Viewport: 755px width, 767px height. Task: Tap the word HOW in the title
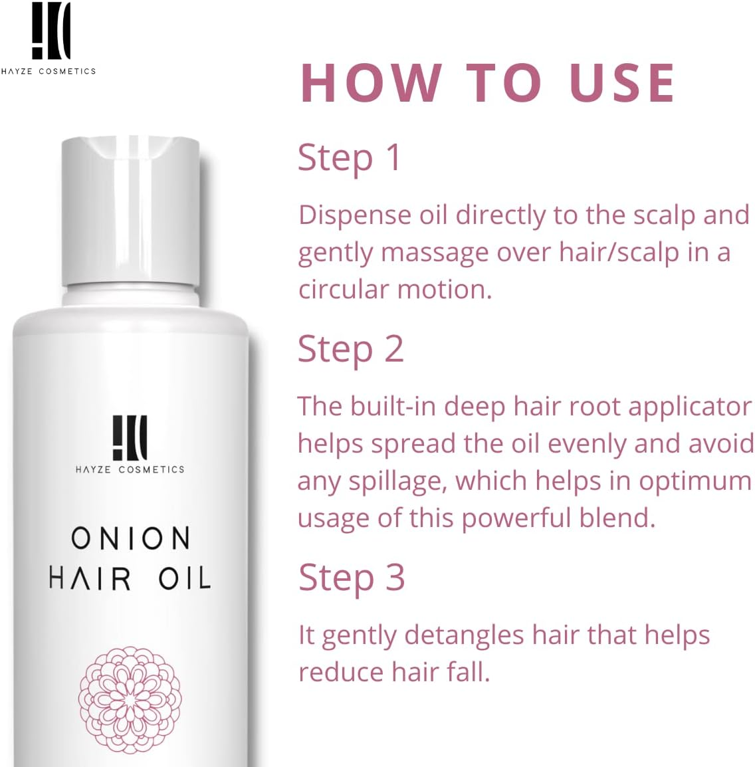pos(370,83)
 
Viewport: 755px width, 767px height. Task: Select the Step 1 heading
pos(349,158)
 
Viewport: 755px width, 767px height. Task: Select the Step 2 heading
pos(350,350)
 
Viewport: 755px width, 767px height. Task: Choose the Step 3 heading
pos(351,577)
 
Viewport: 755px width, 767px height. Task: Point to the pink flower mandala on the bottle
pos(130,699)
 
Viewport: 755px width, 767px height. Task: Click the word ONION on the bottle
pos(130,538)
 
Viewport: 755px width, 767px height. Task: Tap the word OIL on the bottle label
pos(184,578)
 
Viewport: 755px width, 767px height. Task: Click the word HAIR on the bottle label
pos(90,578)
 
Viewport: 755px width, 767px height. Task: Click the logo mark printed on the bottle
pos(130,438)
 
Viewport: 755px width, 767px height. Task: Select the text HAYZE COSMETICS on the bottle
pos(130,469)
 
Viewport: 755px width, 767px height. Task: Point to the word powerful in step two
pos(506,518)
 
